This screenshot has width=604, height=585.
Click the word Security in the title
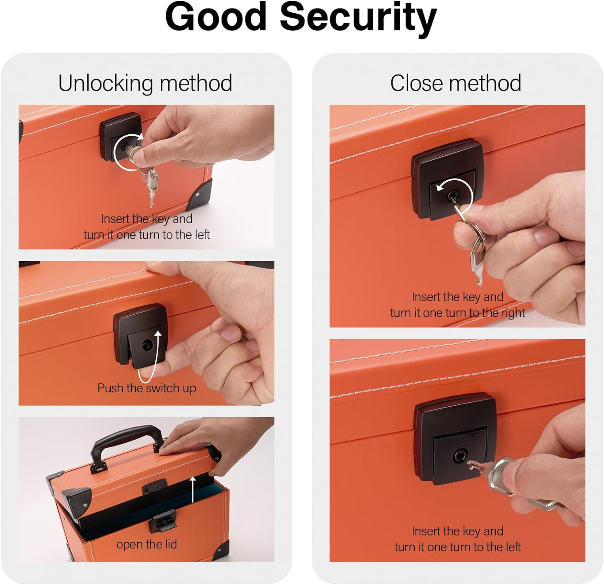(x=358, y=18)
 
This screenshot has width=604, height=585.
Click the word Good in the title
(x=216, y=16)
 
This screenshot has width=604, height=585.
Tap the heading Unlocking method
(x=145, y=83)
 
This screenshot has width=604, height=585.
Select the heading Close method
(x=455, y=83)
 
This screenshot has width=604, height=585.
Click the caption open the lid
(x=147, y=544)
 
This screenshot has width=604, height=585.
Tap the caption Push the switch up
(x=147, y=388)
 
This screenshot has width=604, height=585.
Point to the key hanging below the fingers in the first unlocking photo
(x=152, y=187)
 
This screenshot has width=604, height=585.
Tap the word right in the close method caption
(x=513, y=313)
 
